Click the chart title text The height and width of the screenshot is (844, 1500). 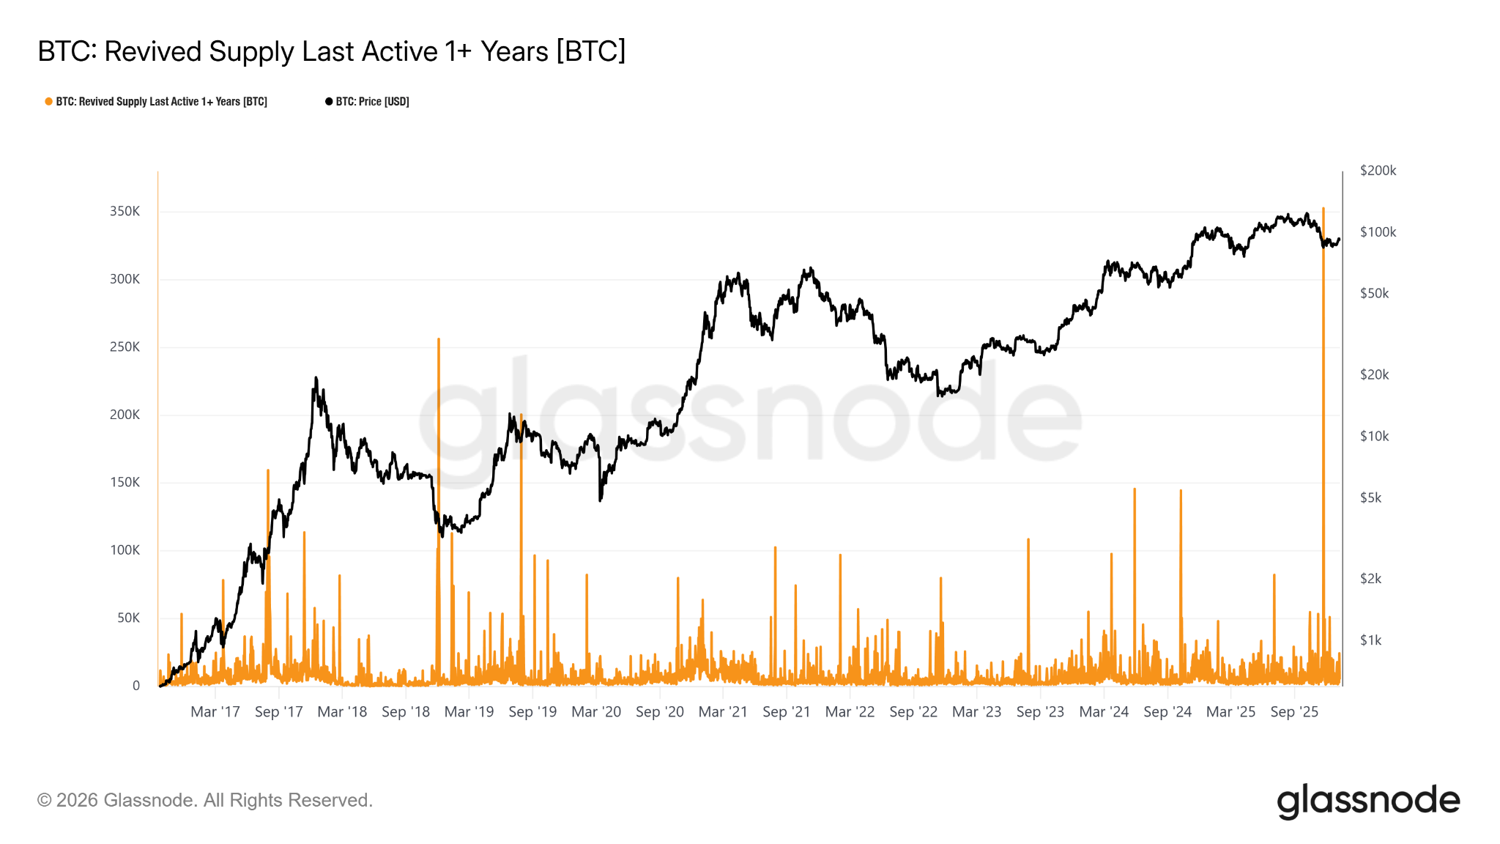tap(331, 51)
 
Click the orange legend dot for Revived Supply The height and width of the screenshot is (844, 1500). tap(48, 102)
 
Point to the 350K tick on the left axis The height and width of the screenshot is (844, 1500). tap(125, 211)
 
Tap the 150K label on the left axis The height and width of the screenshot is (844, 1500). tap(125, 482)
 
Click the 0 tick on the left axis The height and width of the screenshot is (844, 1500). tap(136, 686)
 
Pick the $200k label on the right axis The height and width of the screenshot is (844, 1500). tap(1378, 171)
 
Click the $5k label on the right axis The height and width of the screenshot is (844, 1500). tap(1370, 497)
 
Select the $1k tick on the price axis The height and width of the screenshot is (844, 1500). tap(1370, 640)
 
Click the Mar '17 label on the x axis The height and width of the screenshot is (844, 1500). tap(215, 711)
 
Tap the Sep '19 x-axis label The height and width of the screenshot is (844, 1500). tap(532, 711)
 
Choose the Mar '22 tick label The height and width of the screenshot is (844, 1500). tap(850, 711)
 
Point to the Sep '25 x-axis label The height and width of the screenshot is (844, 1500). tap(1294, 711)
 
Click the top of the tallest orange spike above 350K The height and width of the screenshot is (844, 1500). tap(1323, 209)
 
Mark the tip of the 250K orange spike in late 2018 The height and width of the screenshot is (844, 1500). tap(439, 339)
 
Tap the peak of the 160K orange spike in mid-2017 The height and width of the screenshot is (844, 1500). tap(268, 470)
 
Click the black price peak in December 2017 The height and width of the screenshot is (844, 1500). tap(316, 378)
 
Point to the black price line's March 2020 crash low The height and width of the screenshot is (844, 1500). tap(601, 500)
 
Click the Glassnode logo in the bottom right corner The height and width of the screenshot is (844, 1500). tap(1368, 801)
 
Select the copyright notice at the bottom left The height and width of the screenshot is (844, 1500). tap(205, 800)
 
